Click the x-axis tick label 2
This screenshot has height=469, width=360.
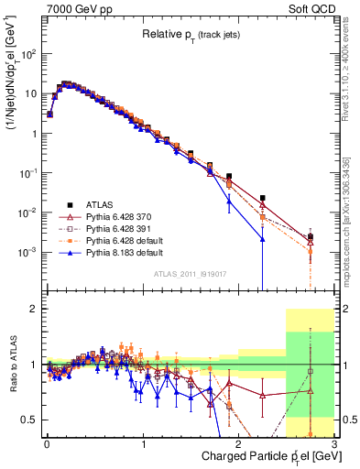tap(238, 444)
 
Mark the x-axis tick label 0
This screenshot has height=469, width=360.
tap(47, 444)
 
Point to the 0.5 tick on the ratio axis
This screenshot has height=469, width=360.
tap(31, 420)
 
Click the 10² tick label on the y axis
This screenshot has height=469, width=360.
tap(28, 54)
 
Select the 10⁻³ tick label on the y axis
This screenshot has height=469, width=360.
tap(28, 252)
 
